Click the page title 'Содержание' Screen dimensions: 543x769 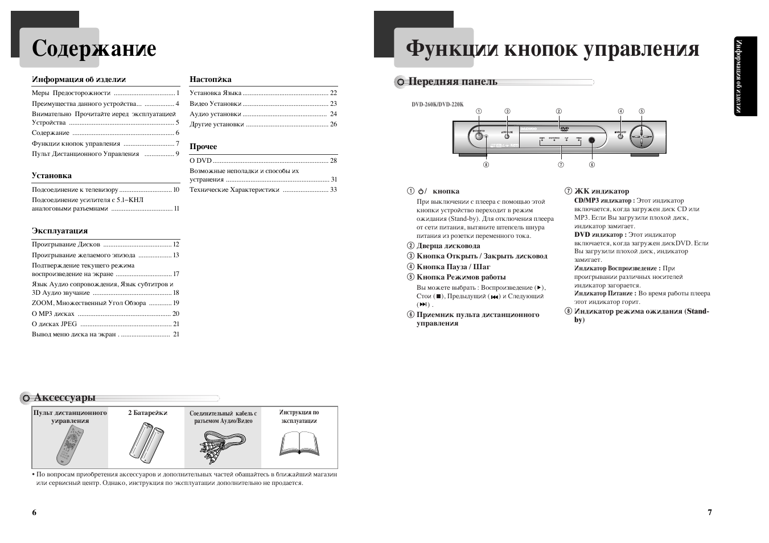tap(94, 48)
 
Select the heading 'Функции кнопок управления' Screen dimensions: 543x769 tap(553, 49)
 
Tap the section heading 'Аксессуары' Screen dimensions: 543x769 tap(64, 397)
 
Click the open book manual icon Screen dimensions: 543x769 tap(299, 443)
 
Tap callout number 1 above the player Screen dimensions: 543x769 tap(479, 112)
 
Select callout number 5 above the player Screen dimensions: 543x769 tap(641, 112)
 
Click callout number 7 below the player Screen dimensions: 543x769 tap(561, 164)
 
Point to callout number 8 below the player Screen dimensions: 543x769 tap(486, 164)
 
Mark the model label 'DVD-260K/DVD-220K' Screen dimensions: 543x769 tap(438, 104)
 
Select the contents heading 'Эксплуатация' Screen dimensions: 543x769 tap(60, 231)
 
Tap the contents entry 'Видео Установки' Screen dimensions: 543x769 tap(216, 104)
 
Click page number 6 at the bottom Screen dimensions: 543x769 tap(34, 512)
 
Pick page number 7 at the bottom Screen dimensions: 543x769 tap(709, 512)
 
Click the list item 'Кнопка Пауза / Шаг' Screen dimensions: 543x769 tap(453, 266)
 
